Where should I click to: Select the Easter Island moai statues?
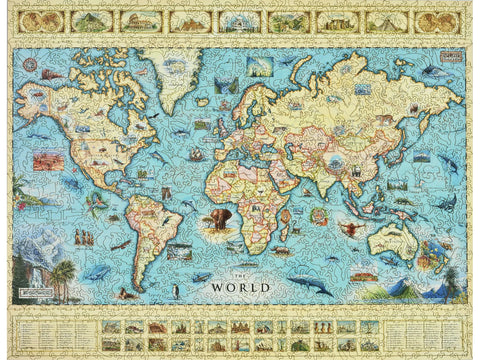click(x=83, y=237)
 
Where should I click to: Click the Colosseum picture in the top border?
click(x=134, y=21)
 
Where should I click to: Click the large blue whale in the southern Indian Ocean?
click(x=310, y=285)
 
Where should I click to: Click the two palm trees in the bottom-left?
click(x=62, y=275)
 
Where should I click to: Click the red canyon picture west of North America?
click(x=47, y=160)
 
